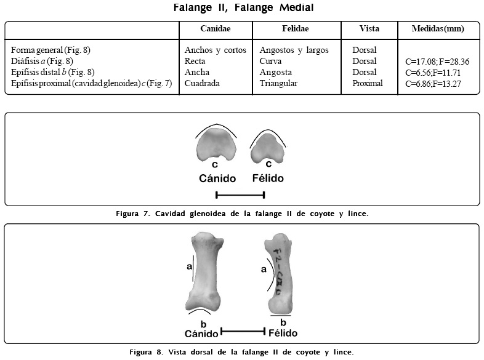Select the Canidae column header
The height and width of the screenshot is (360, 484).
(x=216, y=29)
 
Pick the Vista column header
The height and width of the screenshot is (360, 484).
(x=369, y=29)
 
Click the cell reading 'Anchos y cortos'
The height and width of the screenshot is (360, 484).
(x=216, y=50)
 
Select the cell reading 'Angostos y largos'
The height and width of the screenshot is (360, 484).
(x=294, y=50)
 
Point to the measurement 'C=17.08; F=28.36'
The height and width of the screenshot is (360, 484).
(x=438, y=62)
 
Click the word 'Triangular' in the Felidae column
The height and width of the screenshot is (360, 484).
(x=279, y=83)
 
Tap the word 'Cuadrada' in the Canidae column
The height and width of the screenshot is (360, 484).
(x=202, y=83)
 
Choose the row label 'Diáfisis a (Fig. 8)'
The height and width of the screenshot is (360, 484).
(x=42, y=62)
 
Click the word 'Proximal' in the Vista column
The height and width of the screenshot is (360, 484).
(x=368, y=83)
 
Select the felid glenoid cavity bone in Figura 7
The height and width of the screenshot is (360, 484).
(x=268, y=148)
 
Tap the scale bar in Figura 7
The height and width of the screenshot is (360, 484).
(x=240, y=195)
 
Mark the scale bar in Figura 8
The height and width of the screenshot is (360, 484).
(x=243, y=331)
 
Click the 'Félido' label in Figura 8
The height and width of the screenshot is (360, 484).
(x=283, y=333)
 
